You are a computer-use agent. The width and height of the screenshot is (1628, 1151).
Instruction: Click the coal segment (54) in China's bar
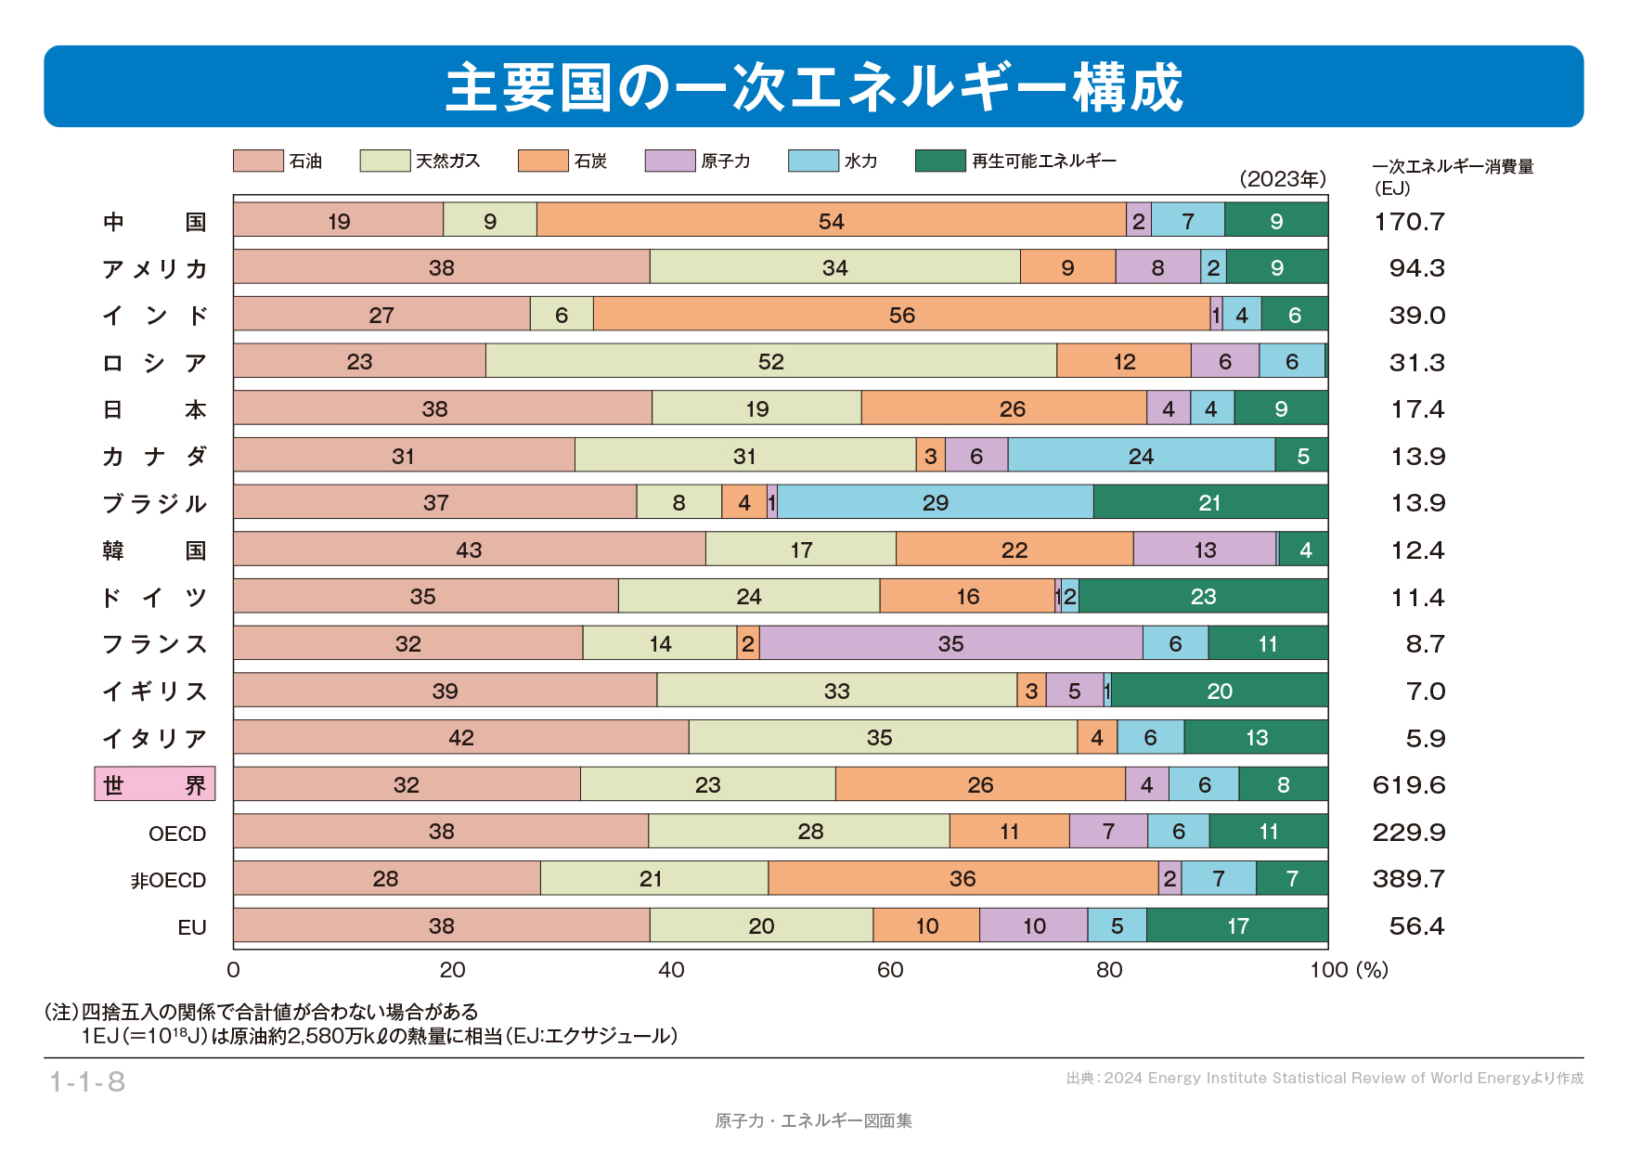point(831,220)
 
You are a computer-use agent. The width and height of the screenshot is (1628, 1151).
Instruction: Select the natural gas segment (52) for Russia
point(770,361)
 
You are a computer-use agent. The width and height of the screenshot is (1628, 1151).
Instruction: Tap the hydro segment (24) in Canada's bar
point(1141,456)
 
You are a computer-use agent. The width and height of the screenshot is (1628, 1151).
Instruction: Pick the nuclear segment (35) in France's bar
point(950,643)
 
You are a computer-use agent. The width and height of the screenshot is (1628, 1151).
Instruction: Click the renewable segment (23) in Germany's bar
point(1203,596)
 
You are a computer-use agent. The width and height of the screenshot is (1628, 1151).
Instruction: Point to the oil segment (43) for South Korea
point(469,550)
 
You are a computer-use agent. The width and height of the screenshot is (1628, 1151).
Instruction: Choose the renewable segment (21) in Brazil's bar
point(1209,502)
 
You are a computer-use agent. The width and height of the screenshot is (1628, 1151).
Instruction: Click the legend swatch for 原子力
point(670,161)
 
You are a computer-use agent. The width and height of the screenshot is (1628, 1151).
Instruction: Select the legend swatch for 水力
point(813,161)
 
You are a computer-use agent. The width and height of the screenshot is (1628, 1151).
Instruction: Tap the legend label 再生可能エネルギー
point(1043,161)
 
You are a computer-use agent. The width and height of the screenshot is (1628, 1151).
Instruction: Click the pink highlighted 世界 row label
point(155,784)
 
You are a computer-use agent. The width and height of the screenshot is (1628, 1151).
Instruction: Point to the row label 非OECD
point(168,880)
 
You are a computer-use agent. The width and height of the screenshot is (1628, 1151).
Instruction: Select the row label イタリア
point(154,738)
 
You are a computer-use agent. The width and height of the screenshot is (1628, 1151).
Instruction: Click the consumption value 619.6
point(1409,785)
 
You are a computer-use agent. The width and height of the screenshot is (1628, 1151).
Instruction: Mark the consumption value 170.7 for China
point(1409,221)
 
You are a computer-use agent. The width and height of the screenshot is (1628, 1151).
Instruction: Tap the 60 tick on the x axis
point(890,970)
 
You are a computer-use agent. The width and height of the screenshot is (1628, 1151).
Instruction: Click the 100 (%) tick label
point(1349,970)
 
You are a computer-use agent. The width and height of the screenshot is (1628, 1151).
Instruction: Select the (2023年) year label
point(1283,179)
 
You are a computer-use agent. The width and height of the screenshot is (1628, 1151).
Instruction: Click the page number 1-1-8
point(87,1081)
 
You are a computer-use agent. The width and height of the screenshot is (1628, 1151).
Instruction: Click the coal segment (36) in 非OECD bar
point(963,878)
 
